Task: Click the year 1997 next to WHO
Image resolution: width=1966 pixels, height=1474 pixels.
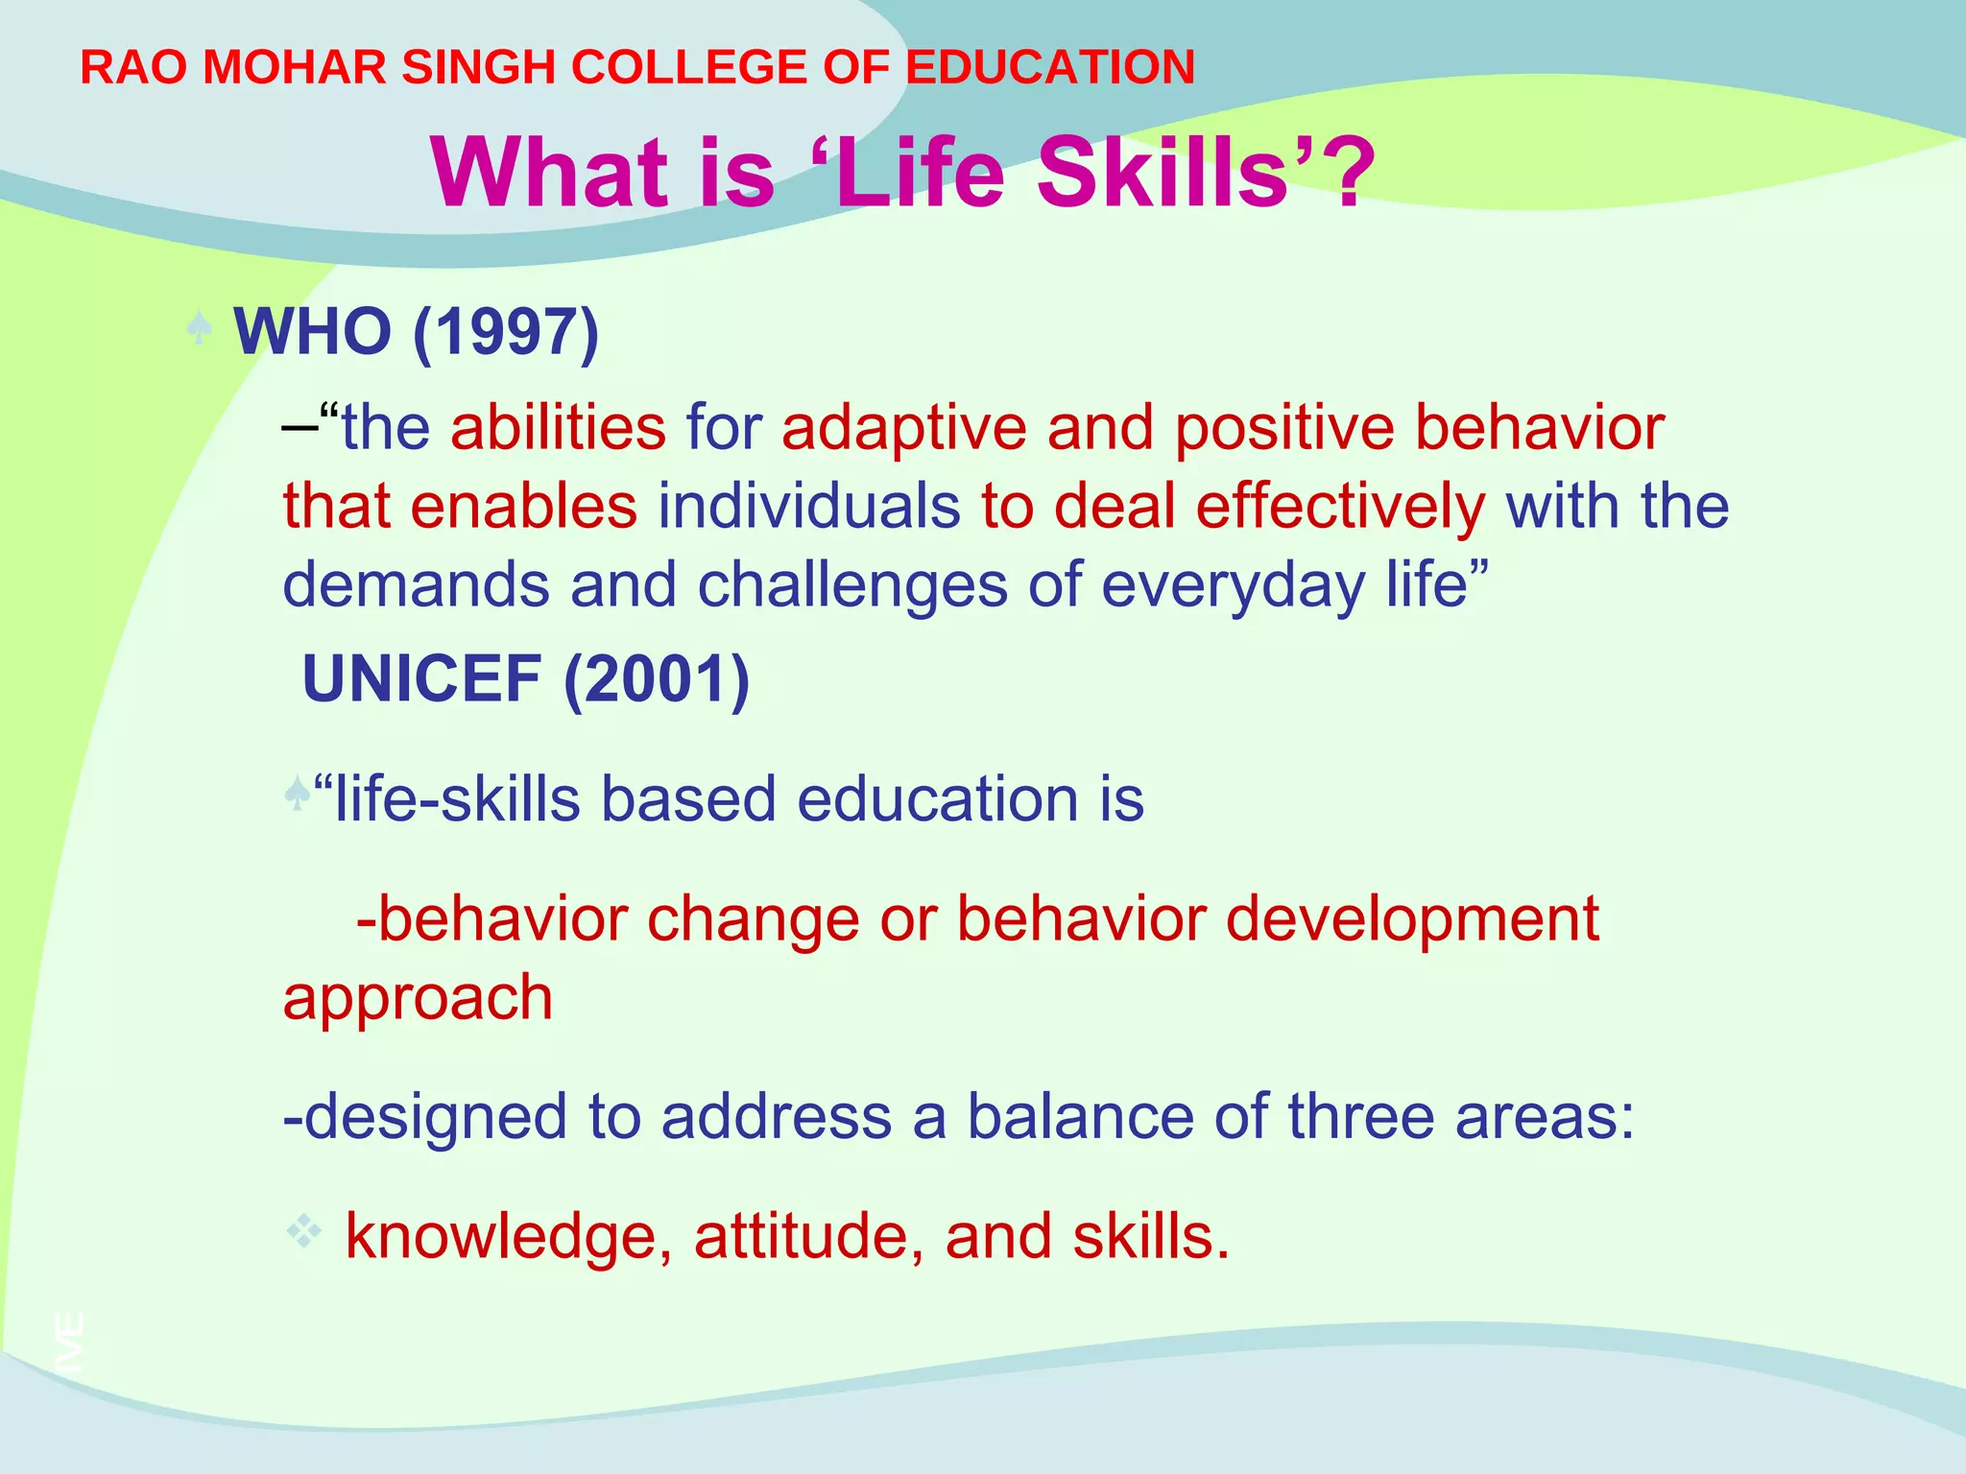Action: (505, 332)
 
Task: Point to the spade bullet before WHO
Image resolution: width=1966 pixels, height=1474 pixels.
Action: (199, 329)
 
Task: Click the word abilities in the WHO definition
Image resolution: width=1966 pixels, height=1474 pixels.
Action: (558, 428)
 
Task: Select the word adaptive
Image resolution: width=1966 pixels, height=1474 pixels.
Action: (903, 428)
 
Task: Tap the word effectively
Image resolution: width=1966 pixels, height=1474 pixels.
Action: (1340, 507)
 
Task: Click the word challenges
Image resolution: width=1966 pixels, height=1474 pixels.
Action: (852, 585)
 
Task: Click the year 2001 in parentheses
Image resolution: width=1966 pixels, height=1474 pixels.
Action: (657, 679)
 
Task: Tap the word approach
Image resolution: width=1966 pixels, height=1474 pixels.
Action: (418, 999)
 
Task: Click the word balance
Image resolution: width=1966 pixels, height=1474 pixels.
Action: (1079, 1117)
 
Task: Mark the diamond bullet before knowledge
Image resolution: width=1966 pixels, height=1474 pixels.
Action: (304, 1231)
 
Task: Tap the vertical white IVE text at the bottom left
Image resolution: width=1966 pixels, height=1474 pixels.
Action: (70, 1342)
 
